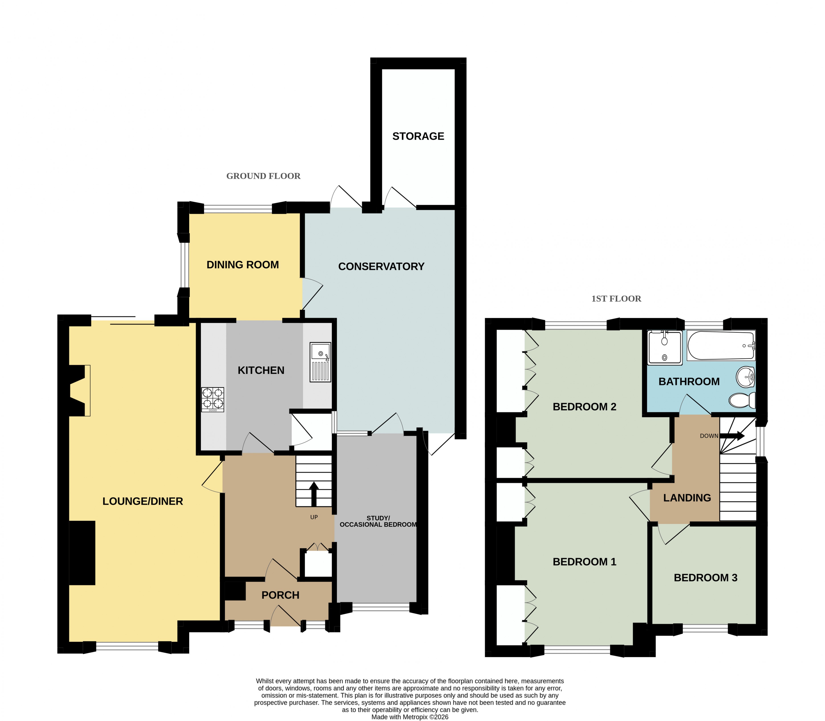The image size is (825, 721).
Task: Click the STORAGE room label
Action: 418,136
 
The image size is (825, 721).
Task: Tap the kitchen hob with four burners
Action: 213,399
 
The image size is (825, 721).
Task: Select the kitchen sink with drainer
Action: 320,362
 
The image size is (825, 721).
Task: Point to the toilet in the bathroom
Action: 742,400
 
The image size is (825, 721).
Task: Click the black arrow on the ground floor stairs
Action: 314,494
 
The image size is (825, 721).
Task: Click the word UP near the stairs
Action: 314,517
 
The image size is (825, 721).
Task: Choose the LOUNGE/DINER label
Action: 143,501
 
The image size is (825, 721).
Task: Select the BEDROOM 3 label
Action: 706,578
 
